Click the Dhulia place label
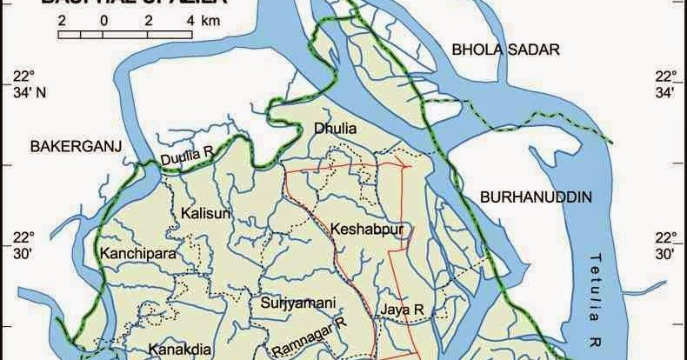click(x=334, y=129)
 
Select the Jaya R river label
click(x=401, y=309)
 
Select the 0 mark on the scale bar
click(x=103, y=19)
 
